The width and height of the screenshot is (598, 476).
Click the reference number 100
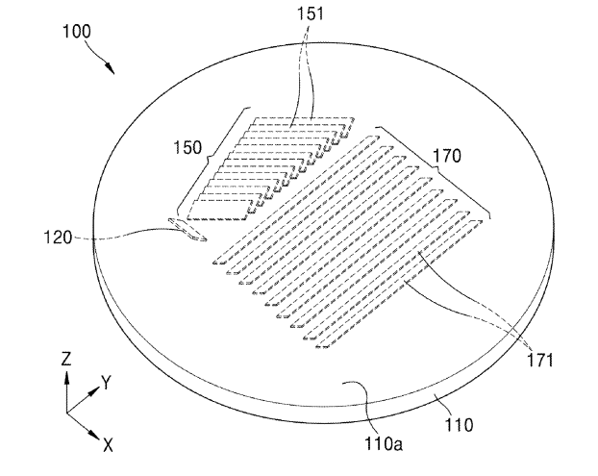[77, 32]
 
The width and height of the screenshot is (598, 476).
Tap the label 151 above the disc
[311, 13]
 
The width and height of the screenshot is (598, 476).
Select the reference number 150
[187, 147]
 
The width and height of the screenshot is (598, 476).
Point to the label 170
[447, 156]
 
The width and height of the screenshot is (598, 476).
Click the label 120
[58, 238]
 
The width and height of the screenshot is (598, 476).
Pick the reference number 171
[539, 360]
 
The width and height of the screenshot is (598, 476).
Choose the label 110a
[384, 444]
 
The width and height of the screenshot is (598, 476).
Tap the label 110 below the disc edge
[460, 424]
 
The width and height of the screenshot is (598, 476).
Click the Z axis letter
[66, 359]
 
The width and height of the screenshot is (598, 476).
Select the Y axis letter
[106, 382]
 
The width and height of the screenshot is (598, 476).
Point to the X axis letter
[109, 444]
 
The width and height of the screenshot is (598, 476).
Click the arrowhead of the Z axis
[66, 378]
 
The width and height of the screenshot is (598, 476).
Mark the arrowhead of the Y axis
[94, 390]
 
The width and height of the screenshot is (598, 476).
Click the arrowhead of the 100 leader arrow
[110, 68]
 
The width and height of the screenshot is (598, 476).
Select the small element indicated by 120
[187, 230]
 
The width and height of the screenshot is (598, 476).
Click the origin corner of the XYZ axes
[66, 413]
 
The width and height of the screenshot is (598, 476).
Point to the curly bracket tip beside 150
[208, 158]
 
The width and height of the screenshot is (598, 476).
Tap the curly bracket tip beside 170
[435, 168]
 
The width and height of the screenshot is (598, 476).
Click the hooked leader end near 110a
[342, 384]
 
